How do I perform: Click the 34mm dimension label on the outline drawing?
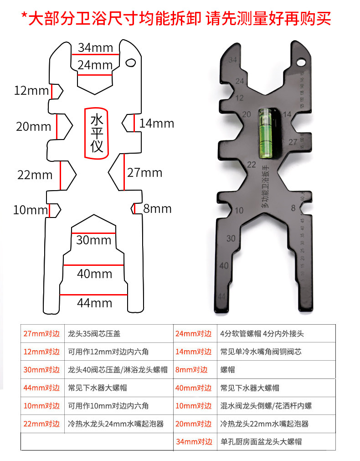tap(95, 47)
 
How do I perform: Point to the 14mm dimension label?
tap(156, 123)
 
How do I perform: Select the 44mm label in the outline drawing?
tap(94, 302)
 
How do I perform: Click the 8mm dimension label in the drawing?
tap(157, 209)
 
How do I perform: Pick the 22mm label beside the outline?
tap(35, 174)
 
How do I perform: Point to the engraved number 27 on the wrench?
tap(293, 142)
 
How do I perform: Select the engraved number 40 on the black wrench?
tap(224, 266)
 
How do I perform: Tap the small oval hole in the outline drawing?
tap(131, 62)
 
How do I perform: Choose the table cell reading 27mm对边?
tap(41, 333)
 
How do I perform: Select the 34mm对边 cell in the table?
tap(194, 441)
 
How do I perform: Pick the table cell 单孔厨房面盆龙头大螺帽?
tap(261, 441)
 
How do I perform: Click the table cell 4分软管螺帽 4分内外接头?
tap(262, 333)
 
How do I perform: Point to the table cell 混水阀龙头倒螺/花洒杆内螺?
tap(266, 405)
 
